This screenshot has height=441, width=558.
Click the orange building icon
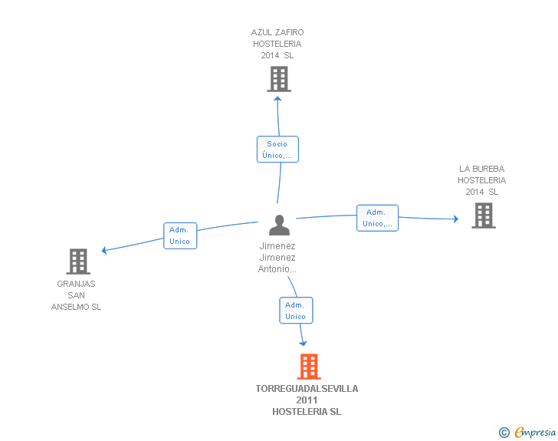tap(309, 367)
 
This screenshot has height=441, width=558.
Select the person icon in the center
tap(279, 225)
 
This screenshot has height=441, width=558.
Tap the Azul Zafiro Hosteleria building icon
tap(279, 79)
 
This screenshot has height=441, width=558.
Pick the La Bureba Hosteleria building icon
tap(484, 216)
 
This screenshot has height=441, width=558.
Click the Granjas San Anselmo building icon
tap(78, 262)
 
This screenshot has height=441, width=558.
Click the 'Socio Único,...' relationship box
tap(277, 150)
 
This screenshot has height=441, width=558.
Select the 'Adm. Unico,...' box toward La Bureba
tap(377, 218)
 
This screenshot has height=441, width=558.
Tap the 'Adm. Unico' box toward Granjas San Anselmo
tap(180, 235)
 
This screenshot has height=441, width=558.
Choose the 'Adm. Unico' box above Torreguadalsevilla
tap(296, 311)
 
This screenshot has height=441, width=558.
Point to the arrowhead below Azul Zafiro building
tap(277, 99)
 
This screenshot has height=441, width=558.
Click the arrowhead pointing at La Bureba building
tap(456, 219)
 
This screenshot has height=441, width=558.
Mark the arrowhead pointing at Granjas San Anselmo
tap(104, 250)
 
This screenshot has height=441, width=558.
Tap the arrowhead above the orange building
tap(303, 344)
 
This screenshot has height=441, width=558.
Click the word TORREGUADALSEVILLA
tap(307, 389)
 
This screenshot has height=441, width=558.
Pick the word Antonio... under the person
tap(277, 269)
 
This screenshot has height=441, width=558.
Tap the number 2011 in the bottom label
tap(307, 400)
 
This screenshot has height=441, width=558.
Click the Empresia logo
tap(527, 432)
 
